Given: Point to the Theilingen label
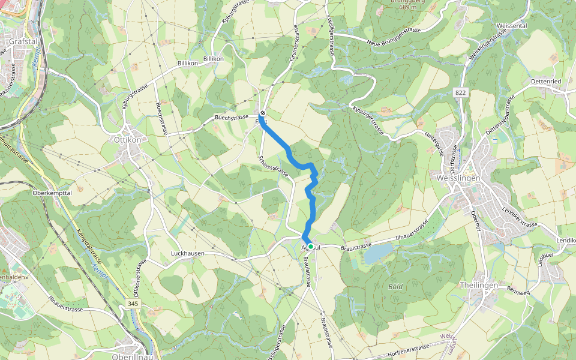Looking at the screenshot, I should pyautogui.click(x=478, y=286).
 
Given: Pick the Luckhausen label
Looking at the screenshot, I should pyautogui.click(x=187, y=254).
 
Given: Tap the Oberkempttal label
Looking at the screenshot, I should pyautogui.click(x=52, y=193).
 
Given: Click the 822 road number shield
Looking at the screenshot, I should pyautogui.click(x=461, y=92).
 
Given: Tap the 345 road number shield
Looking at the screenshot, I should pyautogui.click(x=133, y=305).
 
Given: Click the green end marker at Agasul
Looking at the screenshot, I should pyautogui.click(x=311, y=246).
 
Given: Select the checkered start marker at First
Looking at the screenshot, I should pyautogui.click(x=262, y=112).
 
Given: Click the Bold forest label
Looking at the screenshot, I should pyautogui.click(x=395, y=287).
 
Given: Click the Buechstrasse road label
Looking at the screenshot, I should pyautogui.click(x=232, y=118).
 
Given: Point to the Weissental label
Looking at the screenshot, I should pyautogui.click(x=511, y=26).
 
